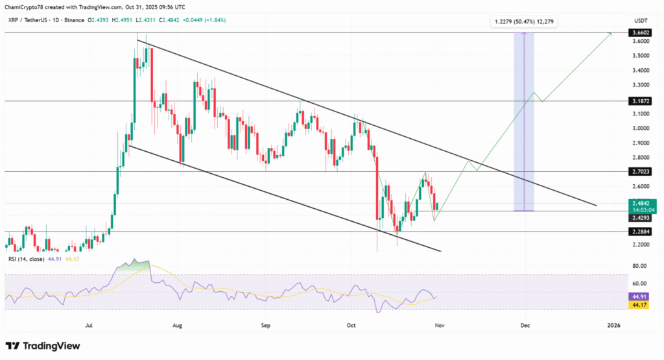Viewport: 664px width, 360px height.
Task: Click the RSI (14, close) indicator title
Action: [x=25, y=259]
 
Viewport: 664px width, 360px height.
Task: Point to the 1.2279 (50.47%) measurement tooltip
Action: [x=525, y=22]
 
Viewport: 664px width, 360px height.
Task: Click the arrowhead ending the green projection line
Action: [x=610, y=33]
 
